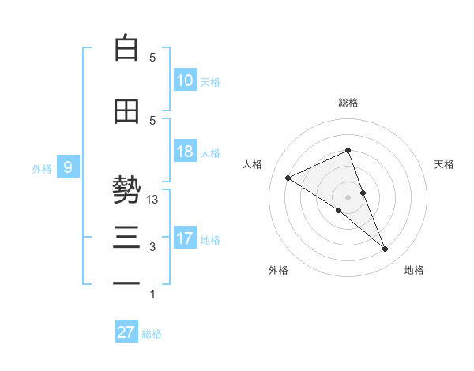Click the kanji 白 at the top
(x=126, y=48)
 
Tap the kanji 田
(x=126, y=111)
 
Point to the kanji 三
(x=126, y=238)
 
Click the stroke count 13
(x=153, y=200)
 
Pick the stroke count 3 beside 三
(x=153, y=247)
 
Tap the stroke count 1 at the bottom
(x=153, y=294)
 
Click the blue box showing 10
(x=185, y=80)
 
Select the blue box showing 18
(x=185, y=152)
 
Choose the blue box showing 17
(x=185, y=238)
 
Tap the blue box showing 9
(x=68, y=167)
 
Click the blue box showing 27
(x=126, y=332)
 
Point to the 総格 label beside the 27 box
(x=152, y=334)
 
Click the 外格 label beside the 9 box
(x=41, y=168)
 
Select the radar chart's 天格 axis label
(x=445, y=164)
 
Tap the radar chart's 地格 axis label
(x=414, y=271)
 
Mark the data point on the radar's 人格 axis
(x=288, y=178)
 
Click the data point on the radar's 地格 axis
(x=385, y=249)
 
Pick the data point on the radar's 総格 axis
(x=348, y=150)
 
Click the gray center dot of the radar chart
(x=348, y=197)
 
